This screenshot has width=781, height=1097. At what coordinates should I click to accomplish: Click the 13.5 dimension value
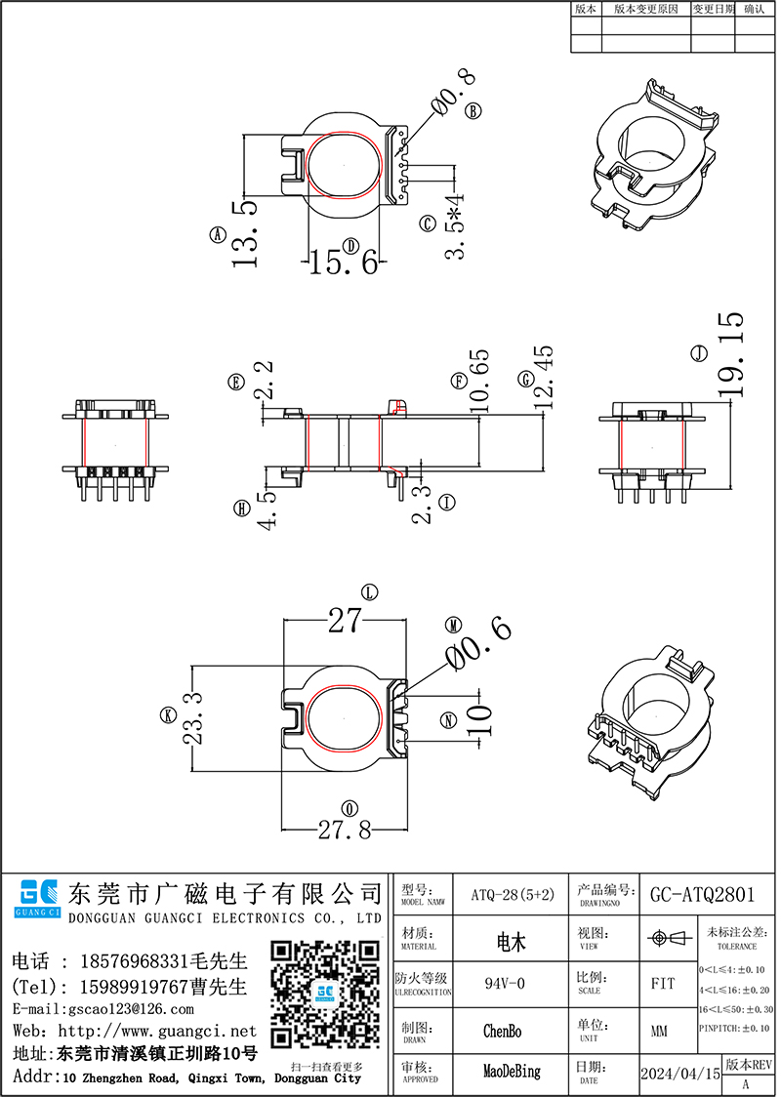(243, 234)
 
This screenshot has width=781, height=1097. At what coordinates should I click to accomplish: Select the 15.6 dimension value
(344, 262)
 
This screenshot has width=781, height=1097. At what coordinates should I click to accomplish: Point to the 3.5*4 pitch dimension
(455, 227)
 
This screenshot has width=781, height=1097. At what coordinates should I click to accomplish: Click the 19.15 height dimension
(730, 353)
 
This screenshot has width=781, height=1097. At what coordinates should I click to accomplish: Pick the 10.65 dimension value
(477, 381)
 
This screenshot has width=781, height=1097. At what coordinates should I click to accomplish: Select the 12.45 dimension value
(543, 377)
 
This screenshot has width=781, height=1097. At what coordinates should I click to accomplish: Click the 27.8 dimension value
(344, 831)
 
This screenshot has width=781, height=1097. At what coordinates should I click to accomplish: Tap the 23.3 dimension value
(191, 716)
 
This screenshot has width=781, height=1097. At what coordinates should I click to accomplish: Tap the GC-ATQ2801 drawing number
(702, 893)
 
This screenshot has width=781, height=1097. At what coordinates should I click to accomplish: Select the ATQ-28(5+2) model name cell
(513, 893)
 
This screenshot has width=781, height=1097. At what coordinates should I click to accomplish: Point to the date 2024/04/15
(679, 1073)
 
